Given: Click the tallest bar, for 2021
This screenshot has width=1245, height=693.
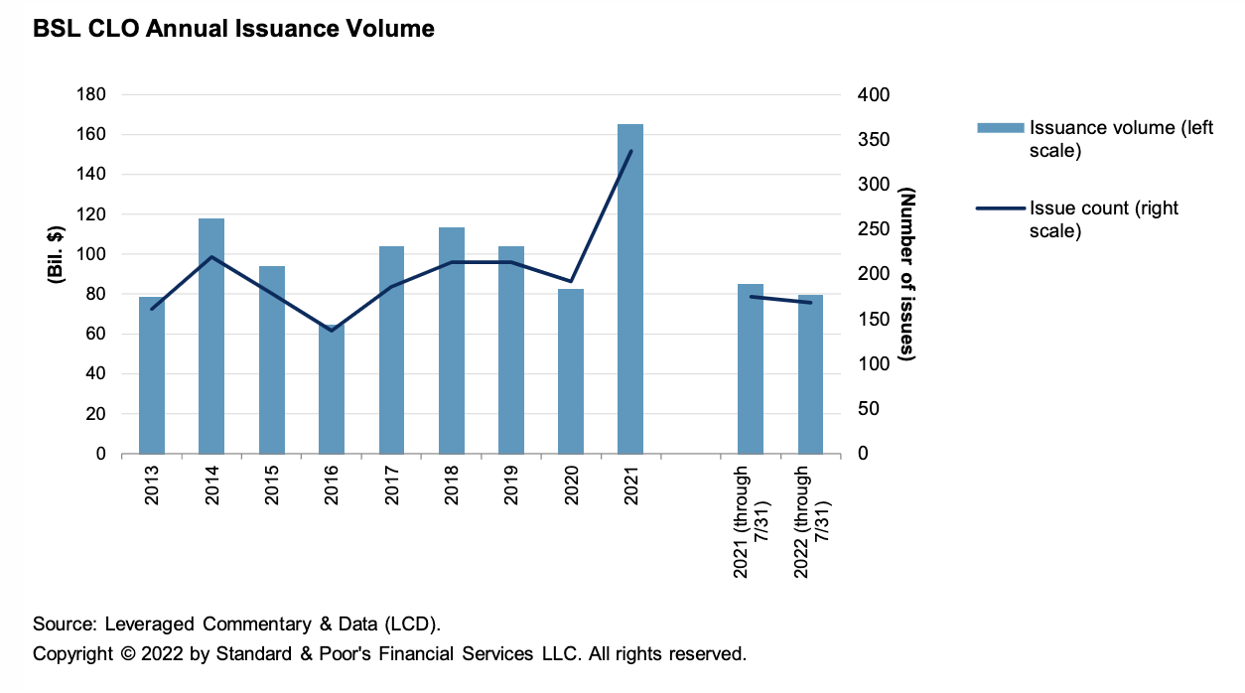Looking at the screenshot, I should coord(630,289).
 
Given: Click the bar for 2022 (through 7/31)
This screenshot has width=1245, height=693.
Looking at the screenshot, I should coord(810,374).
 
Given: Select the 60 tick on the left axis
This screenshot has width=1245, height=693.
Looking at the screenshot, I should coord(96,334).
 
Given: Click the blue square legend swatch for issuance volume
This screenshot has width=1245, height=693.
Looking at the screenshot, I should coord(1000,127).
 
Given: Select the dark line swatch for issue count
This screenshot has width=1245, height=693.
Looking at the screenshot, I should coord(1000,208).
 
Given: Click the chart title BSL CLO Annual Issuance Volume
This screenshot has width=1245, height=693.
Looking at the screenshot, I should coord(233,29).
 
